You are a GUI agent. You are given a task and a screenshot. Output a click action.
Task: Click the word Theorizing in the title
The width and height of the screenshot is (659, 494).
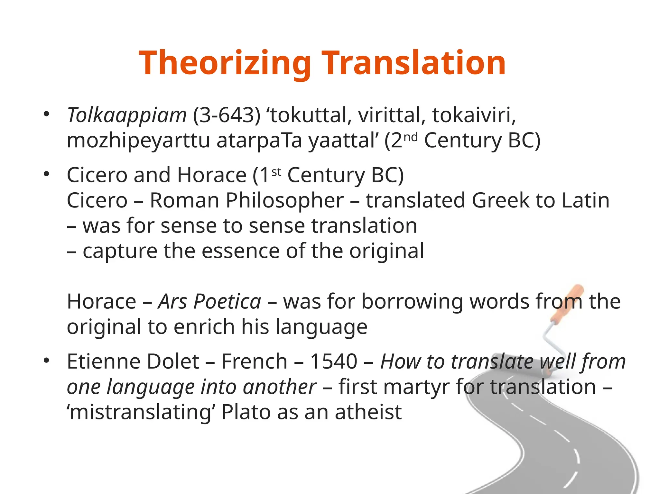tap(225, 63)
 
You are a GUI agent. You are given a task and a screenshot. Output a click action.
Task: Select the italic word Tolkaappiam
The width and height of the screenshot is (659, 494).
tap(126, 115)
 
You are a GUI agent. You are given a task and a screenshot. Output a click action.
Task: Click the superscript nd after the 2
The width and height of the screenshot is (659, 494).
tap(411, 137)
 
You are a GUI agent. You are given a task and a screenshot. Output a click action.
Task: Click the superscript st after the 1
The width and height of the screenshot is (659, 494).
tap(276, 172)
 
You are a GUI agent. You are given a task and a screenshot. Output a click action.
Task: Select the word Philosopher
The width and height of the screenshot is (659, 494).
tap(285, 200)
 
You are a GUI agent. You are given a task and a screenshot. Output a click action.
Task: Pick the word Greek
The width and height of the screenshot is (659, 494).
tap(500, 200)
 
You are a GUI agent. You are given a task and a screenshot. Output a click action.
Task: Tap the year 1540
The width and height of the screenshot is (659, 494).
tap(333, 361)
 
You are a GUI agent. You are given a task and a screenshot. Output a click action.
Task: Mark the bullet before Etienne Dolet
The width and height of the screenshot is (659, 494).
tap(47, 361)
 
